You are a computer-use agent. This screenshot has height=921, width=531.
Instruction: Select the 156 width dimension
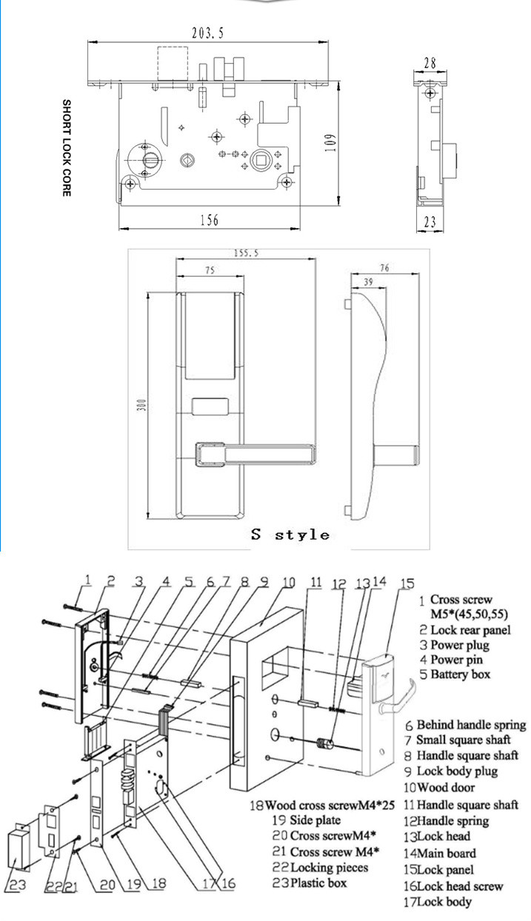pos(210,220)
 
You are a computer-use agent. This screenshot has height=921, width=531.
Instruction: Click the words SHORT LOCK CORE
pos(66,148)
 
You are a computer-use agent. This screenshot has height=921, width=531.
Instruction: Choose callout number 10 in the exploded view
pos(289,583)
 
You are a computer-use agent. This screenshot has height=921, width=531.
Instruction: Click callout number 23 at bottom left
pos(16,882)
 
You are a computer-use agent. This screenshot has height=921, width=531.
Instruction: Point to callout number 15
pos(406,584)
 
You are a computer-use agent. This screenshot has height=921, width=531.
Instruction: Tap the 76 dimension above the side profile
pos(383,268)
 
